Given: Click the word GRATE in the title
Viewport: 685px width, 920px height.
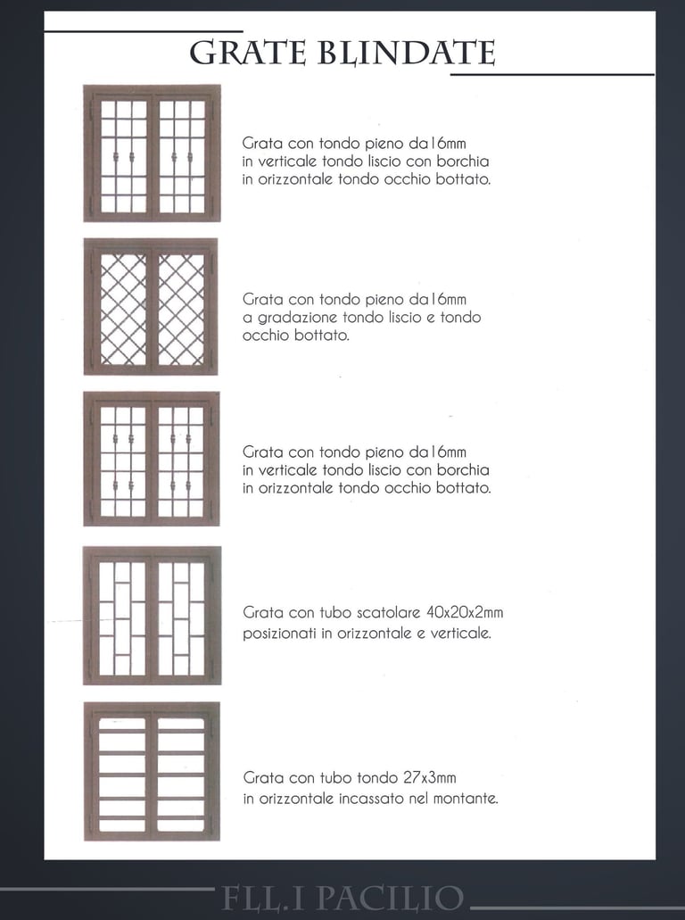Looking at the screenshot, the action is [247, 53].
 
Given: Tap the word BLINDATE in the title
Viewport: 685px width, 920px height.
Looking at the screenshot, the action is [407, 53].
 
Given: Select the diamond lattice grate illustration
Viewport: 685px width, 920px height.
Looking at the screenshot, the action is [151, 306].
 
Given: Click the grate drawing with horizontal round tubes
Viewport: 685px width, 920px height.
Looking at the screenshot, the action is [152, 771].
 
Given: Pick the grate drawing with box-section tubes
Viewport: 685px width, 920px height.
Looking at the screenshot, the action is [152, 616].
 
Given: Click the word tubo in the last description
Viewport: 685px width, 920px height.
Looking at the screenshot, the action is [335, 778].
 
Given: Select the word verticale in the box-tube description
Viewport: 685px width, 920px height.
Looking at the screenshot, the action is [460, 634].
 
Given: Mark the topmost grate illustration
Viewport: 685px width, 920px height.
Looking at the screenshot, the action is [152, 153].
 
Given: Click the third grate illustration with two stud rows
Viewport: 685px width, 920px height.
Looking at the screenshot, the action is [152, 459].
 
